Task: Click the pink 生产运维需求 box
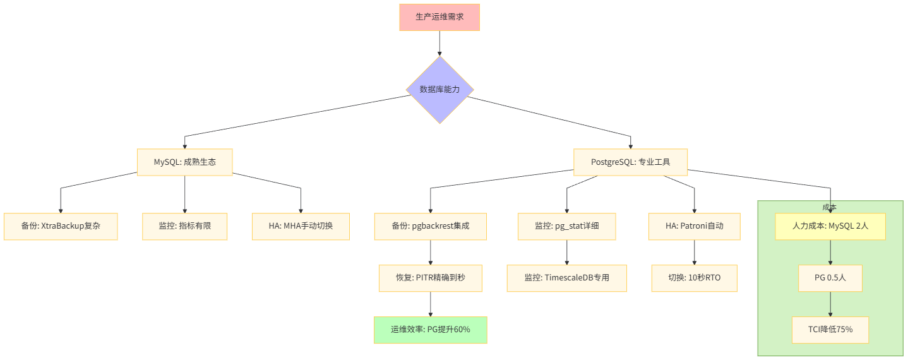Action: click(439, 17)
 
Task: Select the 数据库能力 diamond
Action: click(439, 90)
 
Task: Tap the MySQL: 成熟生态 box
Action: click(185, 162)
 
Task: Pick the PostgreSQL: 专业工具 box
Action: click(630, 162)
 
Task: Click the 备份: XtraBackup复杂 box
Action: click(61, 226)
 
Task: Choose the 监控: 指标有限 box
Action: click(184, 226)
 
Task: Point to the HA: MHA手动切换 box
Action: click(301, 226)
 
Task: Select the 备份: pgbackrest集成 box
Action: click(431, 226)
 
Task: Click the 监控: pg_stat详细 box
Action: click(567, 226)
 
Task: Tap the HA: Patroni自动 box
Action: click(695, 226)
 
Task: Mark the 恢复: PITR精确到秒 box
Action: click(431, 278)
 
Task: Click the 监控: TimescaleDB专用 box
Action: click(567, 278)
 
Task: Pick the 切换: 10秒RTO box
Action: click(695, 278)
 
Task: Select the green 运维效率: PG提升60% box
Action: click(431, 330)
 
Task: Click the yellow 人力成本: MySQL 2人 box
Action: click(830, 226)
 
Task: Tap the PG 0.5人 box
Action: click(830, 278)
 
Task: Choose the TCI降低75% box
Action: click(830, 330)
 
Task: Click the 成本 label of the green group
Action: click(830, 207)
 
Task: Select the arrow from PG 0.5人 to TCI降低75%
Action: click(830, 304)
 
